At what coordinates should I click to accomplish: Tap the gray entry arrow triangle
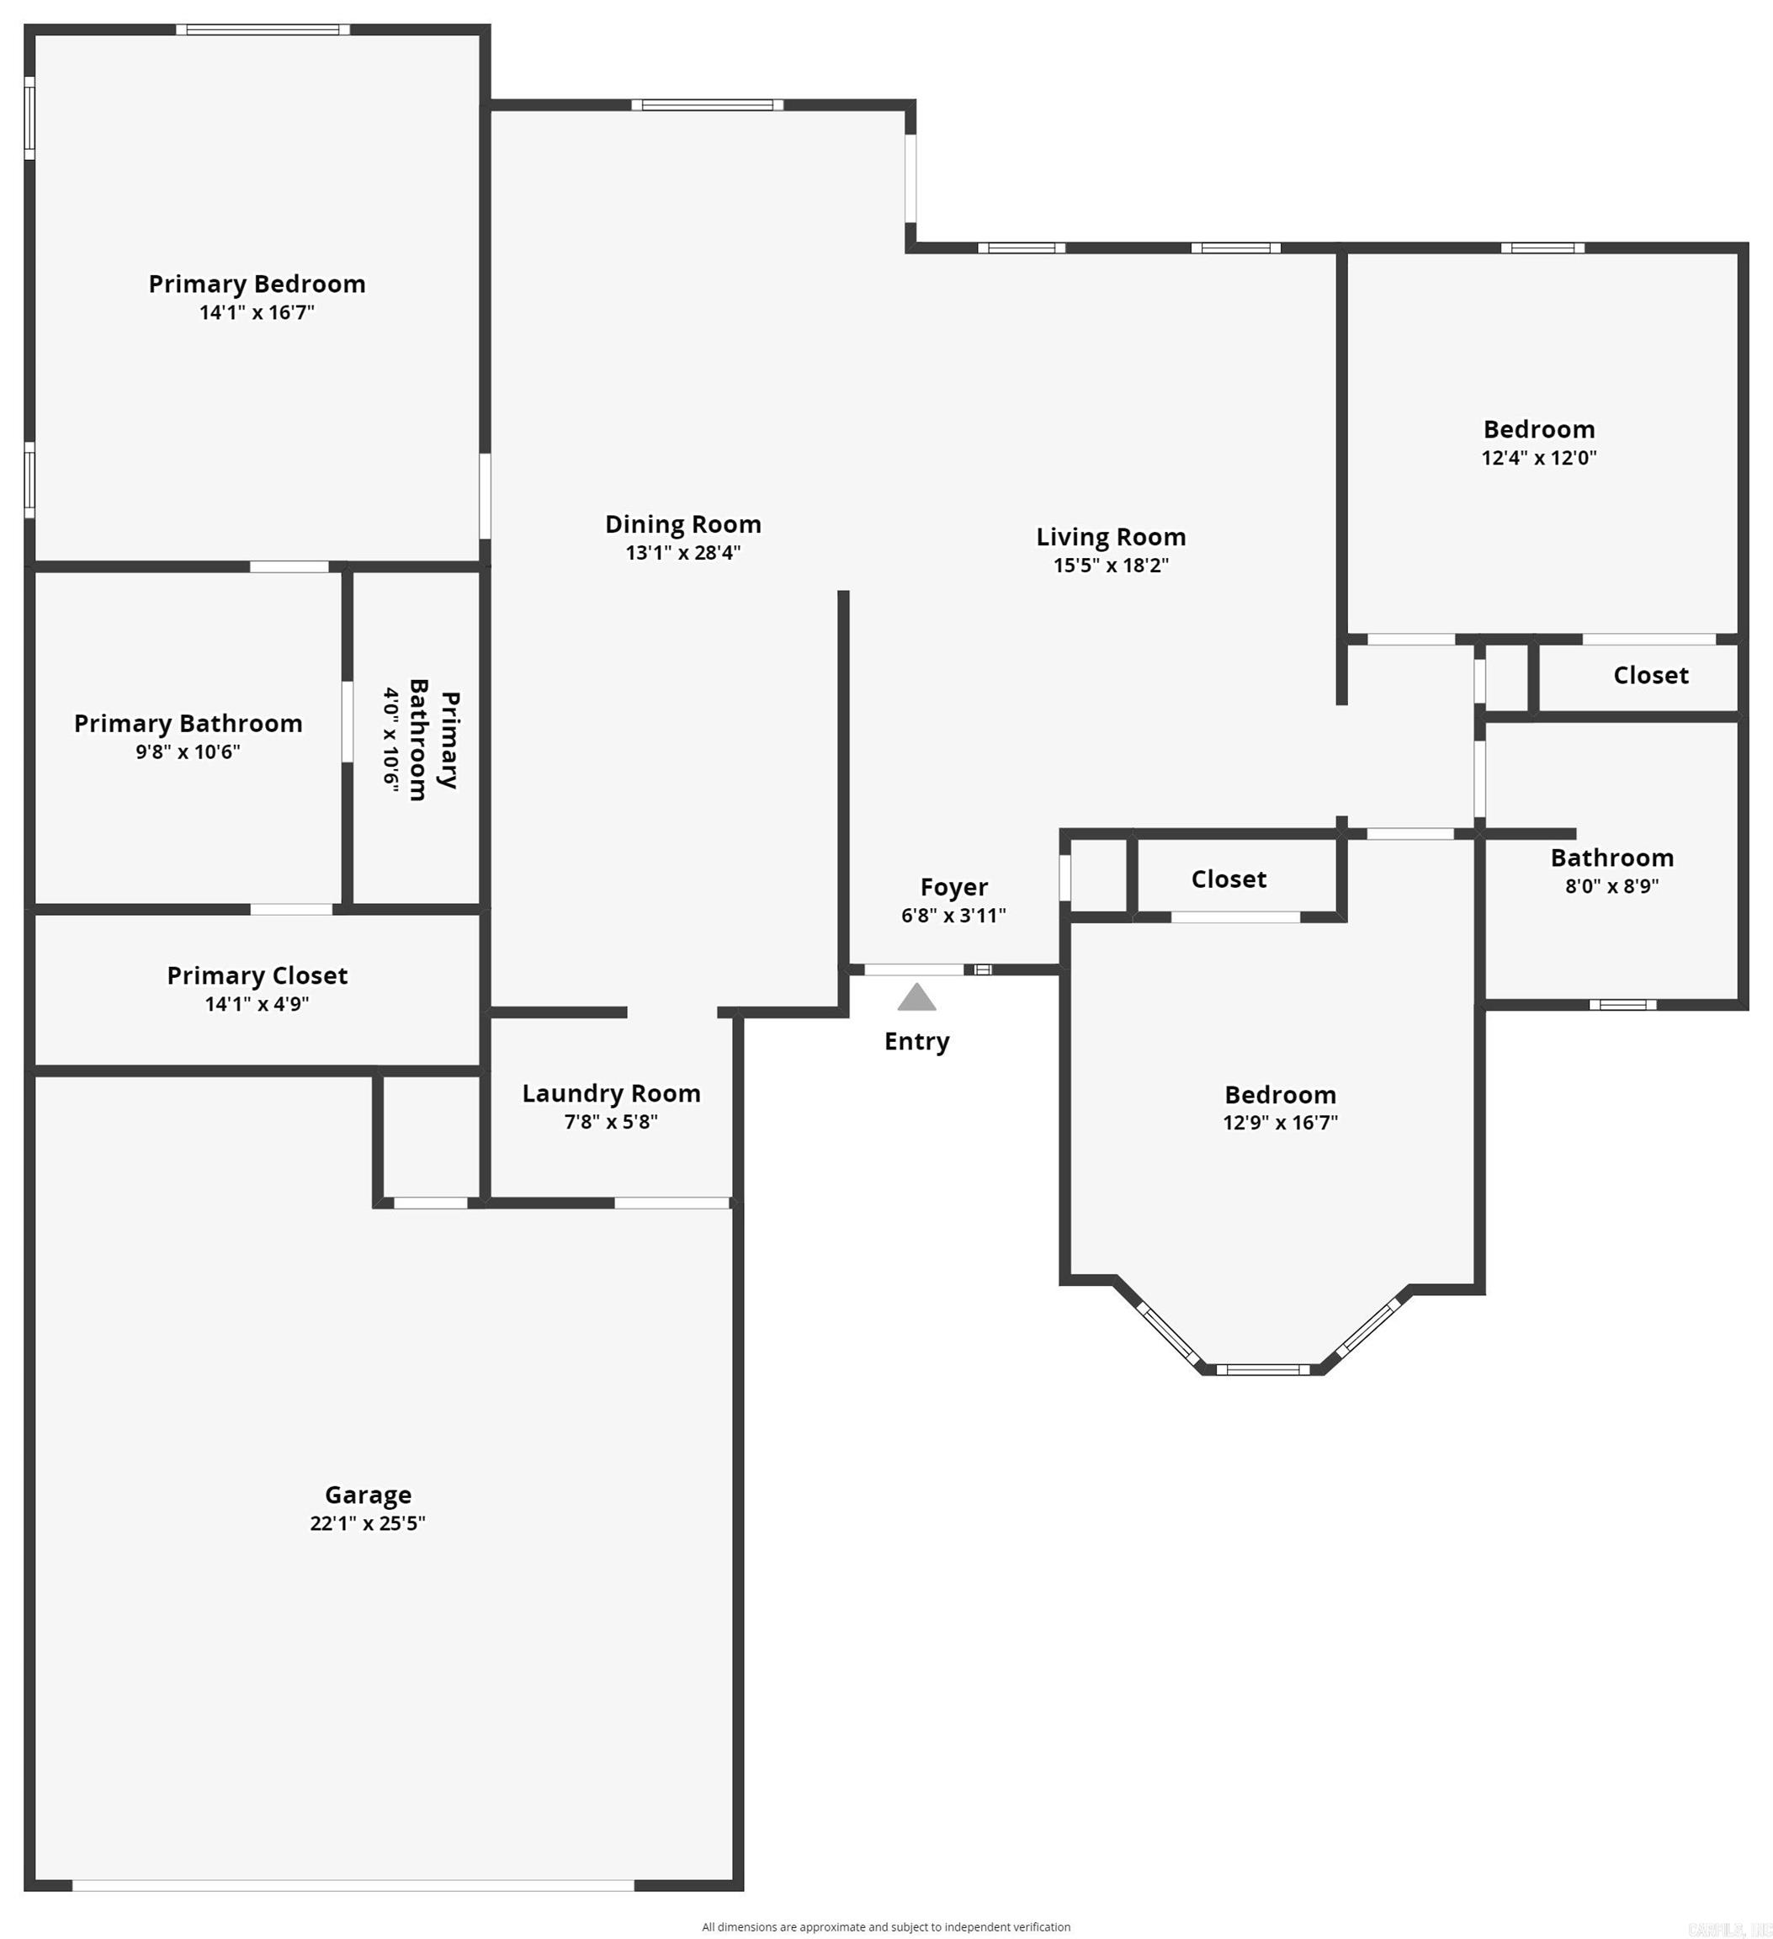click(916, 997)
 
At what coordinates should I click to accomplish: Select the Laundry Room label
click(611, 1093)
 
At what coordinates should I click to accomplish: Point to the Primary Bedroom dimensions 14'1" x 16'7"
click(257, 311)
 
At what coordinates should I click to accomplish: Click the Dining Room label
click(682, 524)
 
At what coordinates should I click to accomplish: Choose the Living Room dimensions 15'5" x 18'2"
click(1111, 565)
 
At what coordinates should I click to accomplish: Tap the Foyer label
click(953, 887)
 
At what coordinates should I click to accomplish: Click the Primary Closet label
click(257, 975)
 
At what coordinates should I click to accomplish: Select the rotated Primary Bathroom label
click(433, 740)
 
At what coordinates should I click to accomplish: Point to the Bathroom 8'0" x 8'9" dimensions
click(1611, 886)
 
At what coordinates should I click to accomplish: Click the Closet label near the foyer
click(1228, 879)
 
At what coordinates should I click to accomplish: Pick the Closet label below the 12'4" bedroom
click(1650, 675)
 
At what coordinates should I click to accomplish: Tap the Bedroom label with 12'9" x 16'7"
click(1280, 1095)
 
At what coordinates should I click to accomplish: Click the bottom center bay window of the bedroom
click(1261, 1369)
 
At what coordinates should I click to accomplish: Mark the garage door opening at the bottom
click(353, 1885)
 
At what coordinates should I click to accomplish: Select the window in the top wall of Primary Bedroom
click(263, 29)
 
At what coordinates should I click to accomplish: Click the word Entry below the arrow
click(916, 1042)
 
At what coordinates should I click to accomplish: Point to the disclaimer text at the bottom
click(885, 1926)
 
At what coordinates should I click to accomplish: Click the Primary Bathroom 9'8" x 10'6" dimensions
click(188, 752)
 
